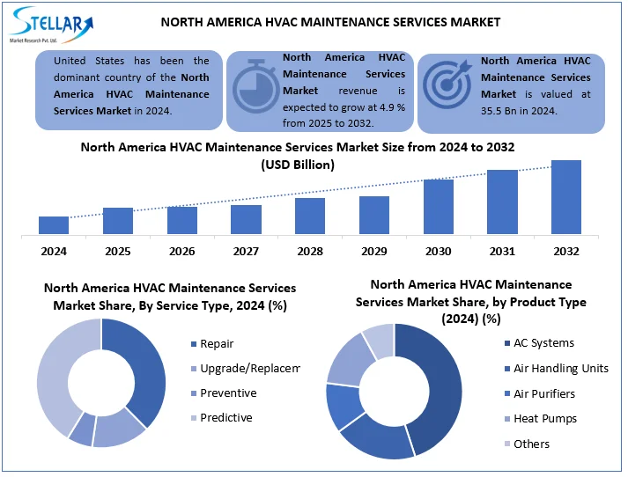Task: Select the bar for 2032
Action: [565, 198]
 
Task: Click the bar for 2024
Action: [54, 225]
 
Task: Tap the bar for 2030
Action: [438, 207]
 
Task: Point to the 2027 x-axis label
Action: [246, 252]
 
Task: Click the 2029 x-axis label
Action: [373, 252]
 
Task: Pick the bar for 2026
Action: [181, 220]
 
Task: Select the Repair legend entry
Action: [216, 344]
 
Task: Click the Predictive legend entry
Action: [225, 418]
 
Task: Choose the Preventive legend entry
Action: [228, 393]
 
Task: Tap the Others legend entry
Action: [531, 444]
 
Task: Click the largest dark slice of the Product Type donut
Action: [440, 387]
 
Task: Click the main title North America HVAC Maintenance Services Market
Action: [330, 22]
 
